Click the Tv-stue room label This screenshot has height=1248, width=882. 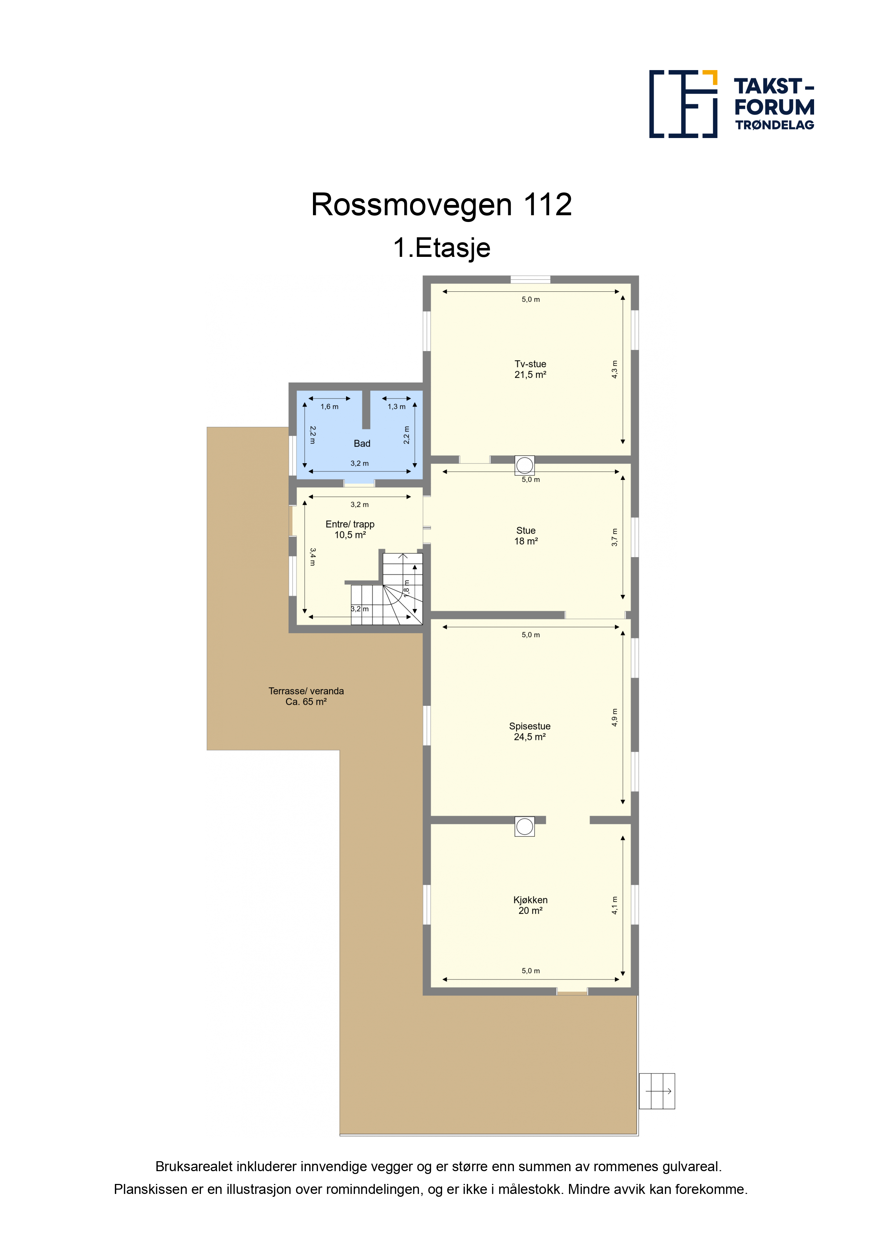[x=530, y=369]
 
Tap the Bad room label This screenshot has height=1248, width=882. [x=362, y=444]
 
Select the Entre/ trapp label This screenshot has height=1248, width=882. [x=350, y=529]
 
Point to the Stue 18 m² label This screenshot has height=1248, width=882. [x=526, y=535]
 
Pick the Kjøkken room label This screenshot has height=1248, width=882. [x=530, y=905]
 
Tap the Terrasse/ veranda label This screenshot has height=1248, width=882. [x=306, y=696]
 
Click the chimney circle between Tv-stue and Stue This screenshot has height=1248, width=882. [x=525, y=465]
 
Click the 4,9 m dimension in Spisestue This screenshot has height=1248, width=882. [x=615, y=718]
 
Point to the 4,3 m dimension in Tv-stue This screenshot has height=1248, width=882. [x=615, y=369]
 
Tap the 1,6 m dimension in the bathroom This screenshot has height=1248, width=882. [x=329, y=407]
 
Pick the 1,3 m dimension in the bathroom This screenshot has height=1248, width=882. [x=396, y=407]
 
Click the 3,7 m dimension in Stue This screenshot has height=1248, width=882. [x=615, y=537]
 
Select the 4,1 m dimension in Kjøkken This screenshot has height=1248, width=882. [x=615, y=905]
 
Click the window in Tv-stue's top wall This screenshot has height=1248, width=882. [x=530, y=279]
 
